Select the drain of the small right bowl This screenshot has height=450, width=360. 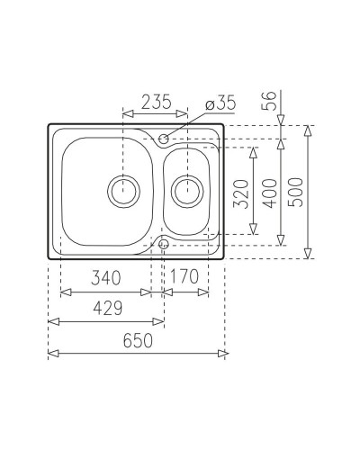coord(187,190)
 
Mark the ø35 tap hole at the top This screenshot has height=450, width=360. coord(164,139)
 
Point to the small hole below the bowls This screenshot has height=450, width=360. coord(164,244)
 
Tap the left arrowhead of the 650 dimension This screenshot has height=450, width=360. coord(51,352)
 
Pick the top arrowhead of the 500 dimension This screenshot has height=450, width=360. coord(310,128)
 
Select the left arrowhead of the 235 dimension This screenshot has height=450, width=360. coord(125,114)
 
